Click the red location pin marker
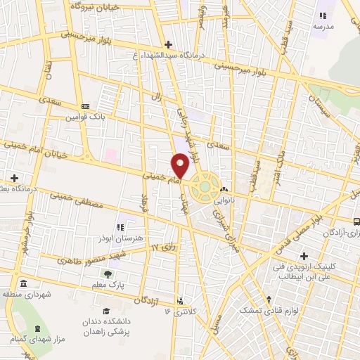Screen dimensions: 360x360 181,166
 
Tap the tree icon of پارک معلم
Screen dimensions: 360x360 108,274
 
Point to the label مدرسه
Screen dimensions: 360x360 323,27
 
